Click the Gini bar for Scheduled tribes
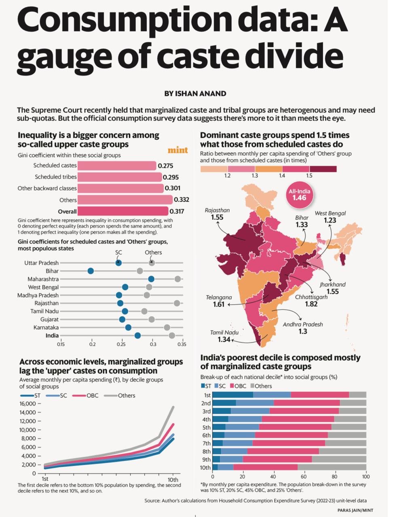120,177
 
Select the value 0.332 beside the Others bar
182,200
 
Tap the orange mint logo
178,150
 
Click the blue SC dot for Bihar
91,271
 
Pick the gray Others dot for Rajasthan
177,303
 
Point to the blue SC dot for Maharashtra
151,279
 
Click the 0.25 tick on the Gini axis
121,345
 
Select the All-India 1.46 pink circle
299,195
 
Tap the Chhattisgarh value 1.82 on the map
311,304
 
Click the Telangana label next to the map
219,297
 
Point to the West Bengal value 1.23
330,220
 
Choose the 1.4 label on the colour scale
282,175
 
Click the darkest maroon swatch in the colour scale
323,169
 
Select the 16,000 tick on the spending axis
28,404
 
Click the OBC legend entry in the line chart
85,396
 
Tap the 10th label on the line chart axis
173,480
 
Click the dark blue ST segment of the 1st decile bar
233,395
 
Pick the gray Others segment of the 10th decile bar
332,468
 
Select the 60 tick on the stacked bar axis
304,477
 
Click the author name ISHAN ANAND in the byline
200,94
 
